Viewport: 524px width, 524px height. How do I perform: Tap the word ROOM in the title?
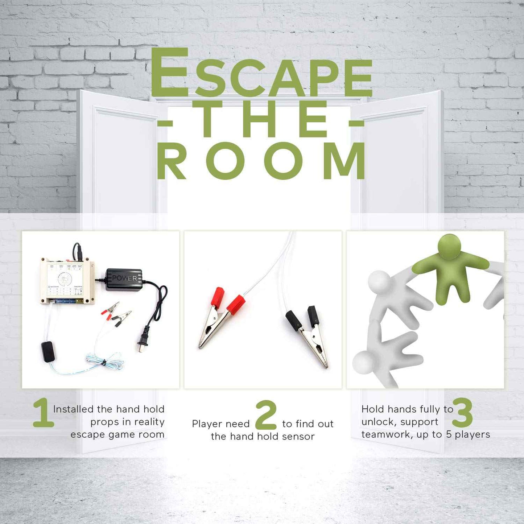pos(261,161)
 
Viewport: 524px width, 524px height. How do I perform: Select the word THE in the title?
pos(261,120)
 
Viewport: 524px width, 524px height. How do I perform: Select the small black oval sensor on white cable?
pos(48,351)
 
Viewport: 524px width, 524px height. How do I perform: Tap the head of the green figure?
pos(449,246)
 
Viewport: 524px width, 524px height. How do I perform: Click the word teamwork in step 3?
pos(385,434)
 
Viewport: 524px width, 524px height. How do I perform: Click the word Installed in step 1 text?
pos(73,409)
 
